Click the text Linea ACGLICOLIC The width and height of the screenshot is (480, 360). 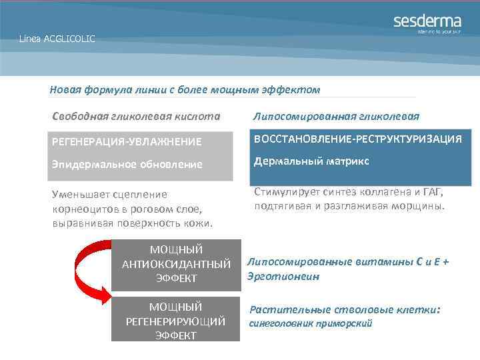57,39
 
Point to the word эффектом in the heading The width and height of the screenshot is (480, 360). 295,89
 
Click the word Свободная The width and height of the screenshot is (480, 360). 80,116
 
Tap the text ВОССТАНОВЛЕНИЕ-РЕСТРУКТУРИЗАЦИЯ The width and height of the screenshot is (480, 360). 357,139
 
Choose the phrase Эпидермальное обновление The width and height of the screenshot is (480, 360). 127,164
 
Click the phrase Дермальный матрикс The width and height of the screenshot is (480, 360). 311,161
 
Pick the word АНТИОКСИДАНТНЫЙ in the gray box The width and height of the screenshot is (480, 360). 176,264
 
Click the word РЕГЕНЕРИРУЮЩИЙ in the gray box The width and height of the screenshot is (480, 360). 176,321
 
